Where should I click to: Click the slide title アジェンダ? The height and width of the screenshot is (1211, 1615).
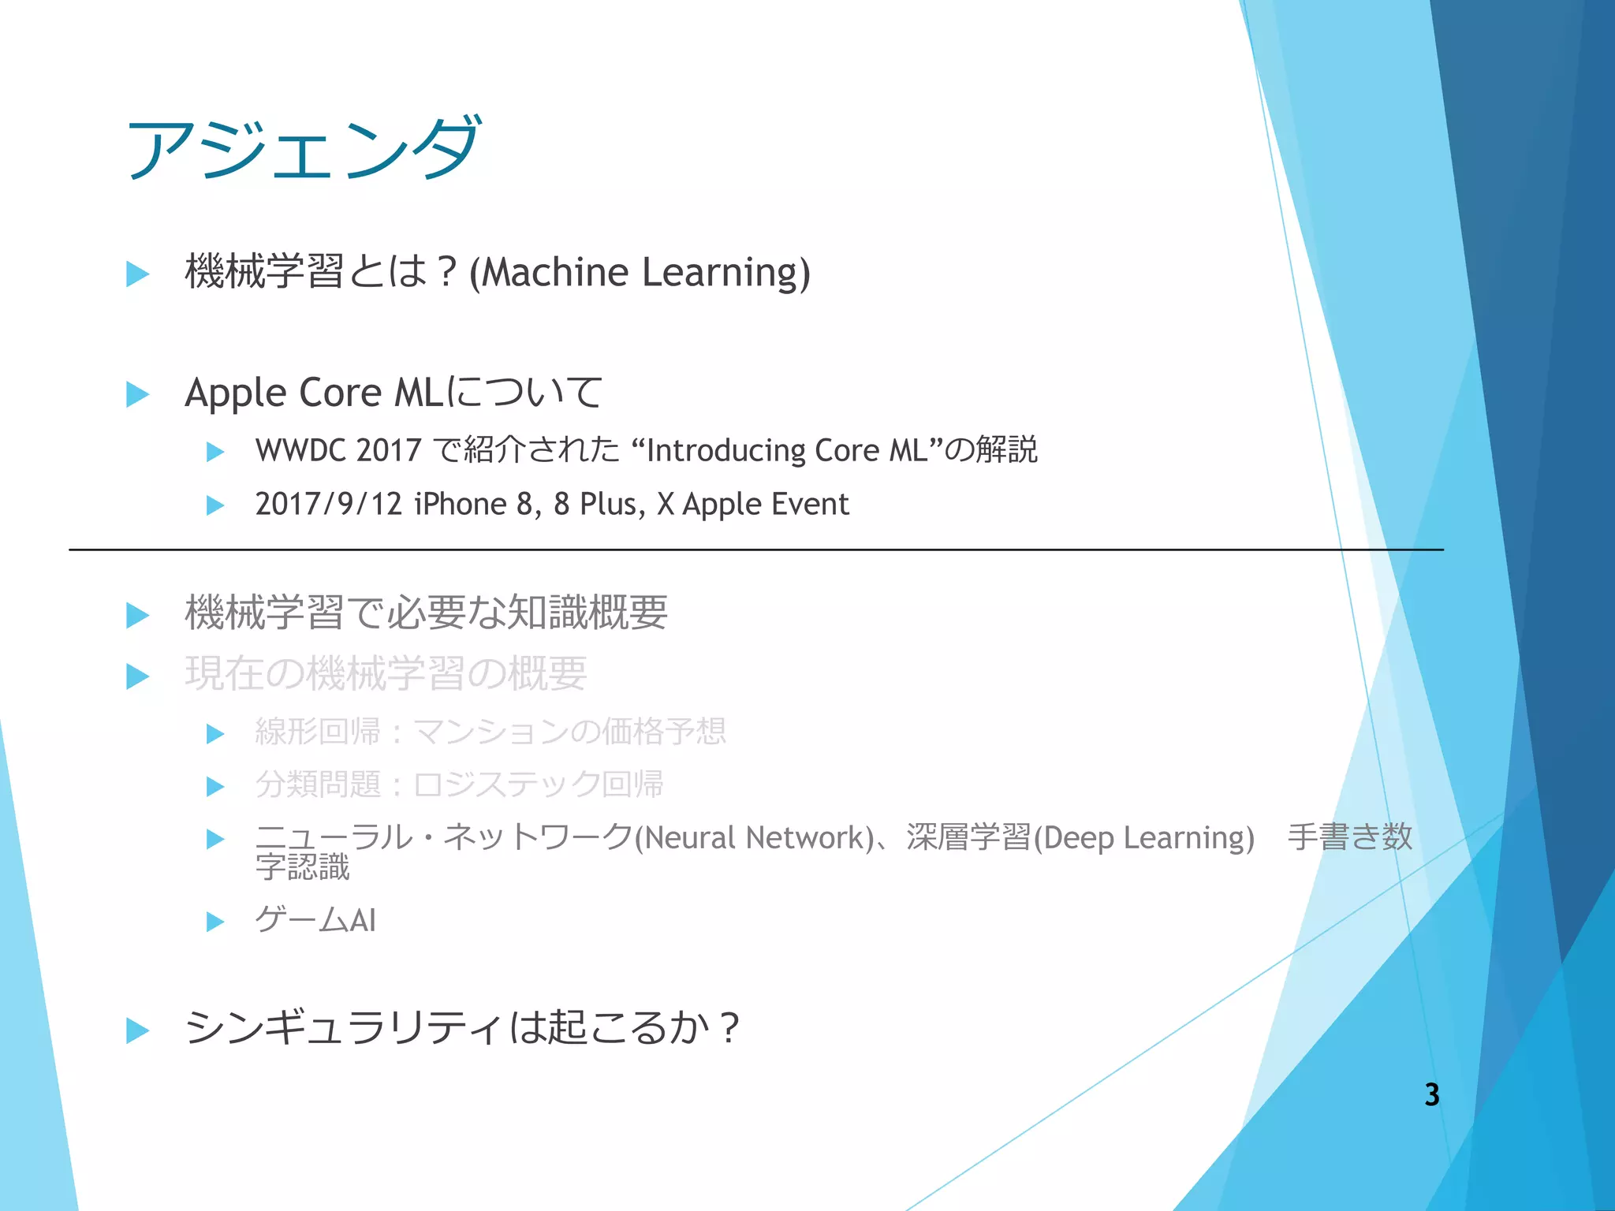click(303, 148)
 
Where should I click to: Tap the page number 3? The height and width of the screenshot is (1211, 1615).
click(1432, 1095)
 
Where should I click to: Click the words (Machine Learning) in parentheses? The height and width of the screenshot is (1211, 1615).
click(640, 273)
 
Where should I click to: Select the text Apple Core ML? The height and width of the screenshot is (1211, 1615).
click(314, 393)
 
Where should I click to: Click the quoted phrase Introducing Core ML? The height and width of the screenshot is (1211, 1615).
click(787, 451)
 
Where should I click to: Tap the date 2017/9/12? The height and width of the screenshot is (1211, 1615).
click(329, 505)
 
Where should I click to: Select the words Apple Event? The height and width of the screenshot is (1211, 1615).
click(766, 505)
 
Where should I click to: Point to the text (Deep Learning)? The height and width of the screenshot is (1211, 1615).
click(1143, 838)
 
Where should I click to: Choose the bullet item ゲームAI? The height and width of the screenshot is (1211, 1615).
click(315, 920)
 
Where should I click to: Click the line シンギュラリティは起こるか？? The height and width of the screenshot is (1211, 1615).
click(462, 1028)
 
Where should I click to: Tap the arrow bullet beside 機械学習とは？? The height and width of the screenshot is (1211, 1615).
click(138, 274)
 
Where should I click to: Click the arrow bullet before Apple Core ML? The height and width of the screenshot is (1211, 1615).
click(138, 394)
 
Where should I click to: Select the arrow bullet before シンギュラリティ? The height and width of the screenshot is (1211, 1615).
click(138, 1030)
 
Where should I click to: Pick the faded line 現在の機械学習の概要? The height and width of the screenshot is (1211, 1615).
click(386, 674)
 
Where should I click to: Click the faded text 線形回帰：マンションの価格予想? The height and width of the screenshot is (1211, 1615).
click(490, 732)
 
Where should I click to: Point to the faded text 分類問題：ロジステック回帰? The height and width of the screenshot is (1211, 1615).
click(459, 785)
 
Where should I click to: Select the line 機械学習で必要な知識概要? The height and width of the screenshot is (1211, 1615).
click(426, 613)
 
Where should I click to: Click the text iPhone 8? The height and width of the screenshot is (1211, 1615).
click(473, 505)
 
